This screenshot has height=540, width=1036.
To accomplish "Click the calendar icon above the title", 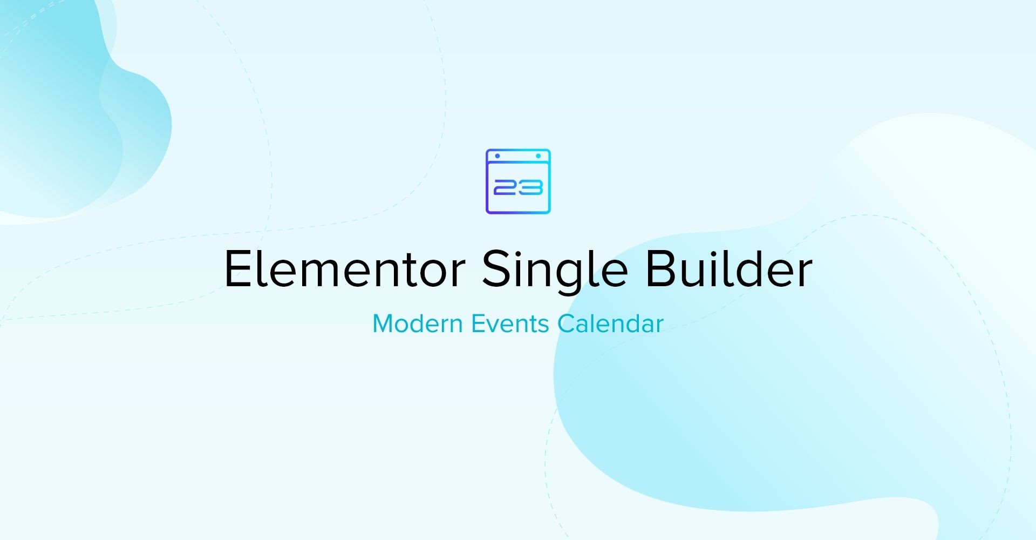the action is [518, 181].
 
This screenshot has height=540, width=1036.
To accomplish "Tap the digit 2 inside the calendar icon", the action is [506, 187].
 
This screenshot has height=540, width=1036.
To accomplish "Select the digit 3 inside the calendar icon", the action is [530, 187].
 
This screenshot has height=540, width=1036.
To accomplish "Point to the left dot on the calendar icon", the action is [497, 156].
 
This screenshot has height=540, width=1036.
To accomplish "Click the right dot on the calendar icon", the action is [538, 156].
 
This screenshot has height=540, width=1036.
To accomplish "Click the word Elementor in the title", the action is [344, 269].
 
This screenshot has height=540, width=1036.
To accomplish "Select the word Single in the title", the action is [555, 272].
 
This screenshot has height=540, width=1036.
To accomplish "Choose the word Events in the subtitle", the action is [510, 323].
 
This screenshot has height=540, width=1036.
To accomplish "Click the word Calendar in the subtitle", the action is [610, 323].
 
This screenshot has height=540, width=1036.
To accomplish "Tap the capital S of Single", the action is [496, 268].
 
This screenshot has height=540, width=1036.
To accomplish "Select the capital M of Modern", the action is [383, 324].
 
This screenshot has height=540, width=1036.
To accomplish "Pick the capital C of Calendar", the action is [566, 324].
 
